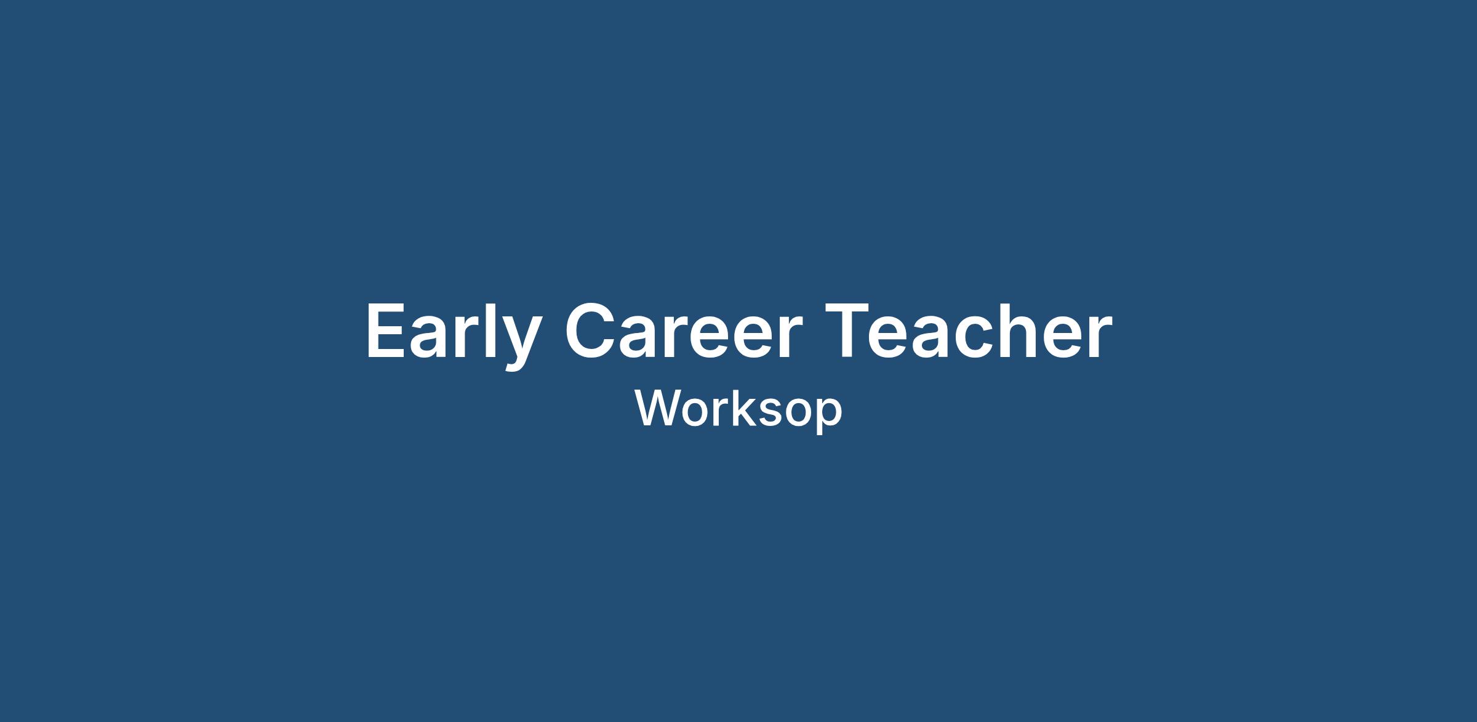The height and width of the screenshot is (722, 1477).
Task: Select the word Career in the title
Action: click(x=684, y=331)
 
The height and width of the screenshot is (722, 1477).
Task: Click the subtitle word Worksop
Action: click(x=738, y=410)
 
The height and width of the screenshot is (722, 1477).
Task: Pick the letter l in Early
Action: click(x=490, y=330)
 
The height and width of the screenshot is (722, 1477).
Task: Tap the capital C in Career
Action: click(x=591, y=331)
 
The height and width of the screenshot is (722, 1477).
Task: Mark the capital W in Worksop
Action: click(x=662, y=408)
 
